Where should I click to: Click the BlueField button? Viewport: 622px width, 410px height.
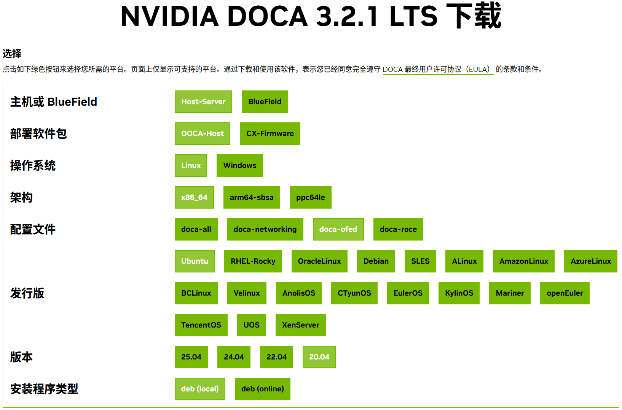point(265,102)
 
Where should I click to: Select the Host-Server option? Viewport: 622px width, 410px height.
point(203,102)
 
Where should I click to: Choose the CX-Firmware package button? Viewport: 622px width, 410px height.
point(270,134)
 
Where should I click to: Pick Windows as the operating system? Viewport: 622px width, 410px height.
point(240,166)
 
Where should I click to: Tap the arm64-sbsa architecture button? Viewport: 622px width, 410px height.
point(252,197)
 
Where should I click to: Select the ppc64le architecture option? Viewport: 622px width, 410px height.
point(311,197)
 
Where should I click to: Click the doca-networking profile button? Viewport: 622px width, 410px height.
point(265,229)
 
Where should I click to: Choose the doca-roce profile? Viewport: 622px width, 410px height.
point(398,229)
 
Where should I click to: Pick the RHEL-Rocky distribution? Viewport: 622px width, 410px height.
point(253,261)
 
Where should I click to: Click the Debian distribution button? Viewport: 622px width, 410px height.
point(376,261)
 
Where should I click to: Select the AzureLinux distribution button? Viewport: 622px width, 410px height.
point(591,261)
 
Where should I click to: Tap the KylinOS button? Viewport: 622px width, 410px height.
point(459,293)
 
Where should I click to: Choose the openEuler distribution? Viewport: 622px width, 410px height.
point(565,293)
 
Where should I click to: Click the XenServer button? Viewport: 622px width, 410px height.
point(300,325)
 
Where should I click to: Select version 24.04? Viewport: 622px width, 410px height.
point(234,357)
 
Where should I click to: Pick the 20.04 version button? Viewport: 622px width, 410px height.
point(319,357)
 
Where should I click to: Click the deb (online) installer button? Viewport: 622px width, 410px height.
point(262,389)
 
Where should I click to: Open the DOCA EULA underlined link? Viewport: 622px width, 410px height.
point(438,69)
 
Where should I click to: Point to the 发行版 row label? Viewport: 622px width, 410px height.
point(27,293)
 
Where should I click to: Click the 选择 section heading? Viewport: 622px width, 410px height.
point(12,53)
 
